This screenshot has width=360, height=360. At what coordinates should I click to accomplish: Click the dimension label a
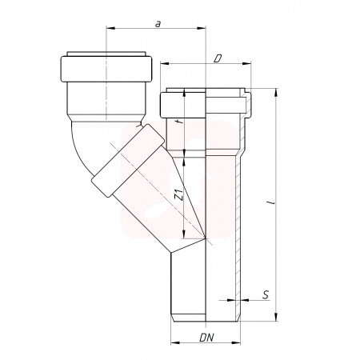pos(158,24)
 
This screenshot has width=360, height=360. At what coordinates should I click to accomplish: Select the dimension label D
pos(218,58)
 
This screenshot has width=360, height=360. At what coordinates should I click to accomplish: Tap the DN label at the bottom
pos(206,338)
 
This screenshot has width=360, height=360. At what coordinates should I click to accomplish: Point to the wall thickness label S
pos(266,295)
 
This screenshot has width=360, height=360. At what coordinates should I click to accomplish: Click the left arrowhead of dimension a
pos(110,28)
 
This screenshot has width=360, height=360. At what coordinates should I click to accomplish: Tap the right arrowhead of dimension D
pos(246,63)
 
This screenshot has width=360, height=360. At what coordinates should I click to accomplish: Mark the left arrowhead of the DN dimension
pos(175,343)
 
